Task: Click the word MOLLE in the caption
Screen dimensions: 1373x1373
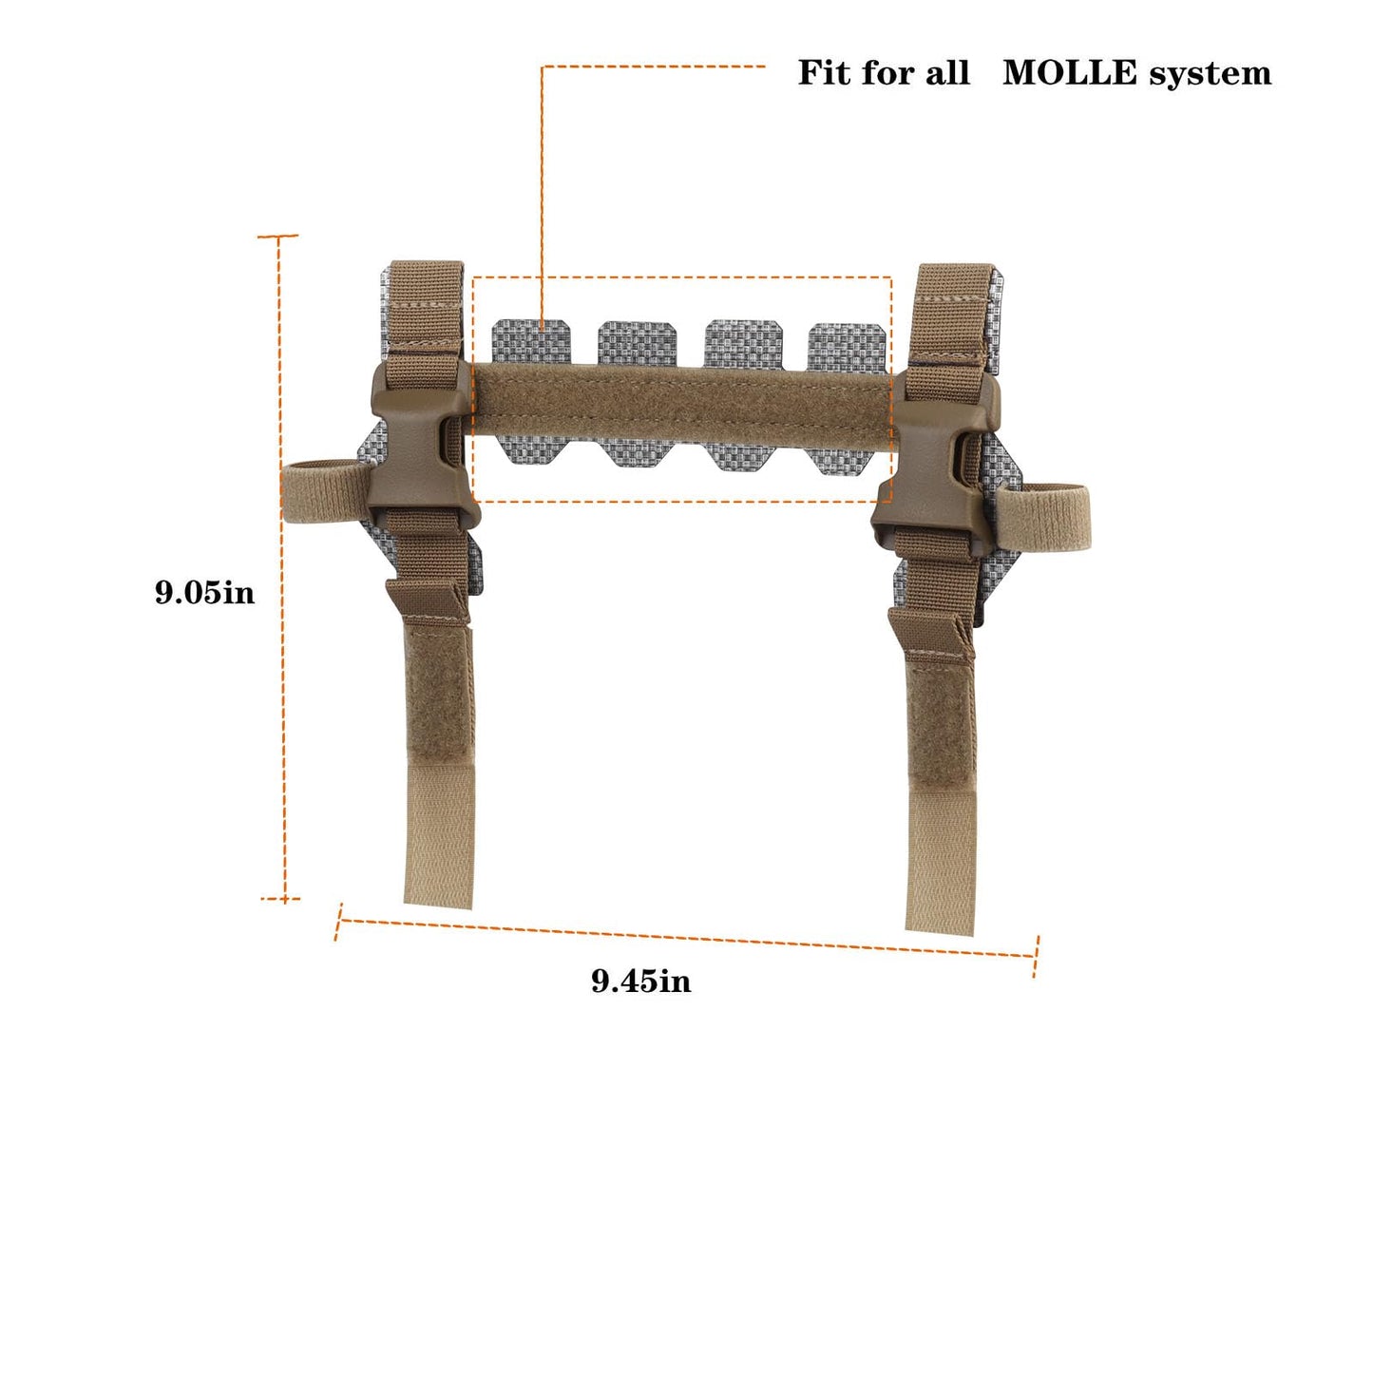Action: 1069,73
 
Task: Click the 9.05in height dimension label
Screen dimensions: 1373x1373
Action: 205,593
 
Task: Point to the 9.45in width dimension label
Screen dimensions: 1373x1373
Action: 641,980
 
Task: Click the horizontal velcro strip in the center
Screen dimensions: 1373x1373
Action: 682,406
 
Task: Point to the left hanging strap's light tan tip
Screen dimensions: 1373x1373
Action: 439,836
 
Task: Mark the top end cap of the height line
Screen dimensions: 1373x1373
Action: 278,236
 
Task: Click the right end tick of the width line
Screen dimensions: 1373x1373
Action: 1036,957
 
